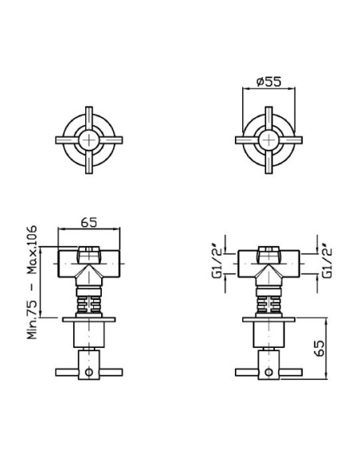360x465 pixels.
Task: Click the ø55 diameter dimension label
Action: tap(268, 81)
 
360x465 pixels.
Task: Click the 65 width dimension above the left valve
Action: tap(89, 222)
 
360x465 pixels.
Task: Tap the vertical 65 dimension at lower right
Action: tap(319, 348)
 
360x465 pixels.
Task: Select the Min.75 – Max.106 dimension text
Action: tap(33, 282)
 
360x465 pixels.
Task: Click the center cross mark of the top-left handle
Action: tap(89, 140)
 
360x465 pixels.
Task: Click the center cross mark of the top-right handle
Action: tap(268, 140)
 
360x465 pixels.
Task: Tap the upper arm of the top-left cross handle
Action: tap(89, 119)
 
